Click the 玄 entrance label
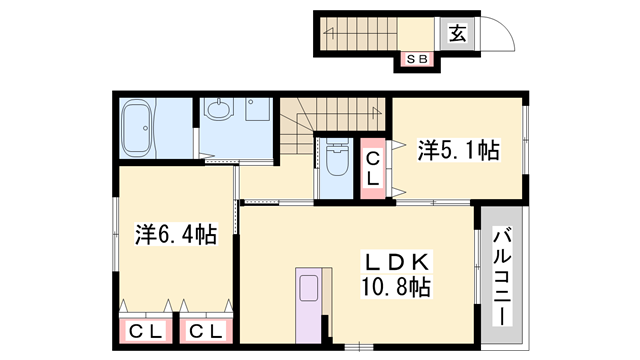[457, 33]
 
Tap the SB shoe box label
[416, 60]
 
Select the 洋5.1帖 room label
[458, 151]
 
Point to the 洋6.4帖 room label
[175, 235]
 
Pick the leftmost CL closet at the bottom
[145, 330]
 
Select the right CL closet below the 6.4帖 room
[206, 330]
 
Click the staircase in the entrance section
[360, 35]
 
